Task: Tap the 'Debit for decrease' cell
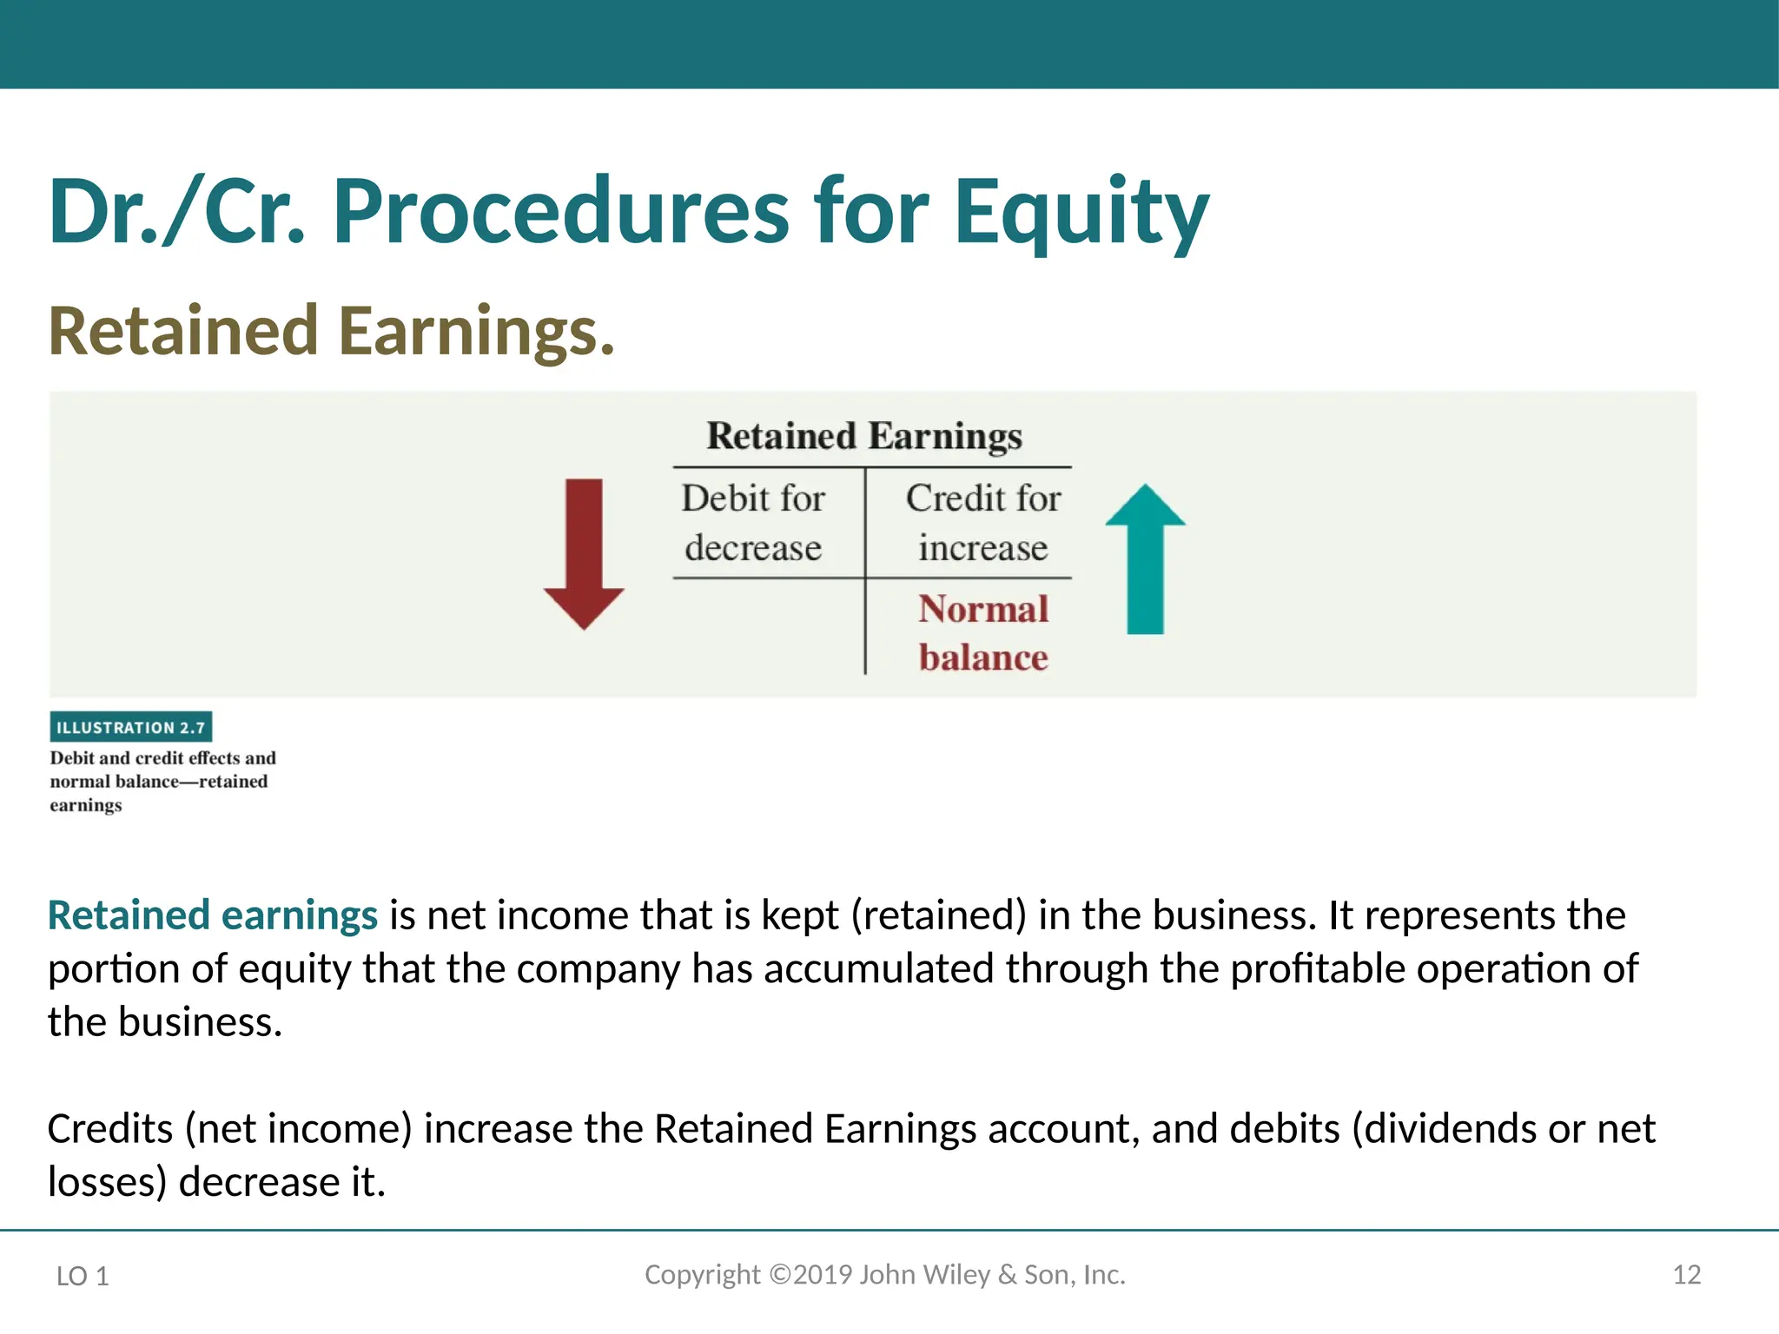coord(753,523)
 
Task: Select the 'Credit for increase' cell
coord(983,523)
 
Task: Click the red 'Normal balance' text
coord(983,633)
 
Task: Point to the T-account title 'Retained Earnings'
coord(864,436)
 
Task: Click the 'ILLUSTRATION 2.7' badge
coord(131,728)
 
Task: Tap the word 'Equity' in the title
coord(1081,213)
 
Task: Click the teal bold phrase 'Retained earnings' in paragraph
coord(213,915)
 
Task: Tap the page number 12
coord(1686,1275)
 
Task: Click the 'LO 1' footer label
coord(83,1276)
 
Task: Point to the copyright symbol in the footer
coord(780,1274)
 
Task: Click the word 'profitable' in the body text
coord(1317,969)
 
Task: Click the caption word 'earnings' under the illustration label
coord(86,806)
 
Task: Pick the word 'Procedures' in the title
coord(561,213)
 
